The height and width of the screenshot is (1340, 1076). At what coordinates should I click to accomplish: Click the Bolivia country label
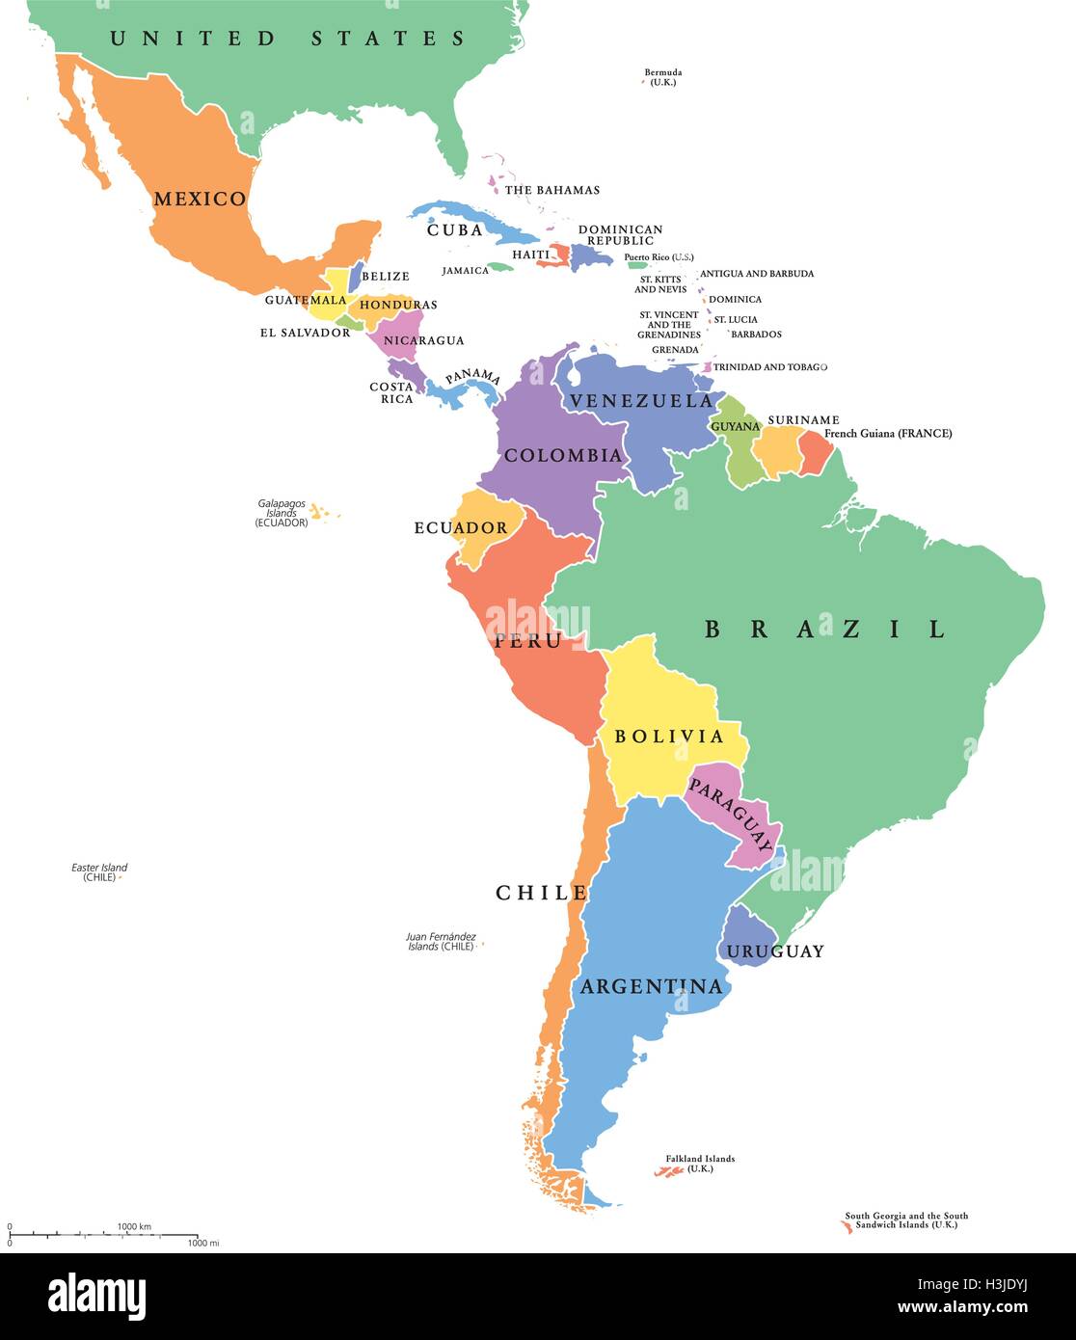pyautogui.click(x=669, y=737)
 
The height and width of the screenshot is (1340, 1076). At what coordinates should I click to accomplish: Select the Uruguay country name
pyautogui.click(x=775, y=951)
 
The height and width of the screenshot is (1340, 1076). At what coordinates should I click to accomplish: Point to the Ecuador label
pyautogui.click(x=461, y=527)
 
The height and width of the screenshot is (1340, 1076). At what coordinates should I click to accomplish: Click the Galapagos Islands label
pyautogui.click(x=282, y=513)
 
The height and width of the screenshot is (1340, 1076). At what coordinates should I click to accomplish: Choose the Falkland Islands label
pyautogui.click(x=700, y=1164)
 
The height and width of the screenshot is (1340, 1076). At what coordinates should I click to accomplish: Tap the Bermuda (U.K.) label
pyautogui.click(x=663, y=77)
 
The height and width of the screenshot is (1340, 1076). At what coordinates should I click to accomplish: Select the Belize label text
pyautogui.click(x=386, y=277)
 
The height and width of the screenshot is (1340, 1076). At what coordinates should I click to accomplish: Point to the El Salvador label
pyautogui.click(x=305, y=333)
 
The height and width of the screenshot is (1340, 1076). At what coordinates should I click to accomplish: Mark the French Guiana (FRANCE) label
pyautogui.click(x=888, y=434)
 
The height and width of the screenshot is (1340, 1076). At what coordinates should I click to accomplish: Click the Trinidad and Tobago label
pyautogui.click(x=769, y=367)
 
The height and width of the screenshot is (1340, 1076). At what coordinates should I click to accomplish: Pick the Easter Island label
pyautogui.click(x=99, y=872)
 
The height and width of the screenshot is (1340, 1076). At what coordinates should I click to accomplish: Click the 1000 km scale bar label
pyautogui.click(x=134, y=1226)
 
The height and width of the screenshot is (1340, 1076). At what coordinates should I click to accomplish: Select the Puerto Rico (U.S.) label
pyautogui.click(x=659, y=257)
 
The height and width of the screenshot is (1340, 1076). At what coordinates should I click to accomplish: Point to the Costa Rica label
pyautogui.click(x=391, y=392)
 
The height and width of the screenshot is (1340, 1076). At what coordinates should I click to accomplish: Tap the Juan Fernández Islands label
pyautogui.click(x=441, y=941)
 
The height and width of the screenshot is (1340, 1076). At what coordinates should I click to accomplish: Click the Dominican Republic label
pyautogui.click(x=621, y=235)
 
